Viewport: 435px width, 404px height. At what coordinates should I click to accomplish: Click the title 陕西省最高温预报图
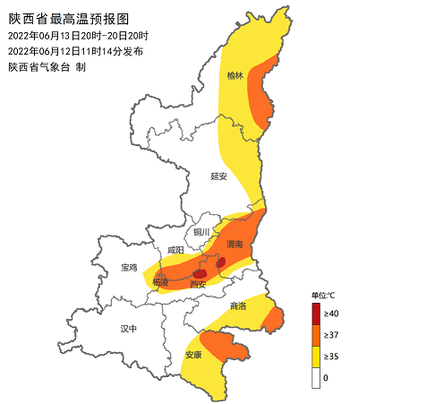pos(70,18)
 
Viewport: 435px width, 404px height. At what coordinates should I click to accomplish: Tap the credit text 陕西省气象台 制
pos(47,66)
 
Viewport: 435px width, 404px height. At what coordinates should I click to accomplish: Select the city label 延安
pos(219,176)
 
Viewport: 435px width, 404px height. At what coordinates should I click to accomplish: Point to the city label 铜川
pos(202,232)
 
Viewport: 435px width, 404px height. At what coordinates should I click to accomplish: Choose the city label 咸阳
pos(175,250)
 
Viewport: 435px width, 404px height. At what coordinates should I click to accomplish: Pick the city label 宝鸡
pos(129,268)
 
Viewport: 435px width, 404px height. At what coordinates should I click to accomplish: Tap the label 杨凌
pos(161,282)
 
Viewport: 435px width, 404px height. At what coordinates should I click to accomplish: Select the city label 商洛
pos(238,305)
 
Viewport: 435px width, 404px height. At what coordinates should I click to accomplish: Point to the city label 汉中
pos(129,329)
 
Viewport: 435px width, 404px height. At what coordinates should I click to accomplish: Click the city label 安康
pos(193,355)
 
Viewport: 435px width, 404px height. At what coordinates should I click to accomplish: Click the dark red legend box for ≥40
pos(317,314)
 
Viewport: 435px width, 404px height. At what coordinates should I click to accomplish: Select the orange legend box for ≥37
pos(317,335)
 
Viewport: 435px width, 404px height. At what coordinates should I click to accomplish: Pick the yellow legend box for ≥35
pos(317,357)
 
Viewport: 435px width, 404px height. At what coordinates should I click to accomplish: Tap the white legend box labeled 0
pos(317,377)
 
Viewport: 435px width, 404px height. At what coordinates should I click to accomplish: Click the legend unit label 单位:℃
pos(323,295)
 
